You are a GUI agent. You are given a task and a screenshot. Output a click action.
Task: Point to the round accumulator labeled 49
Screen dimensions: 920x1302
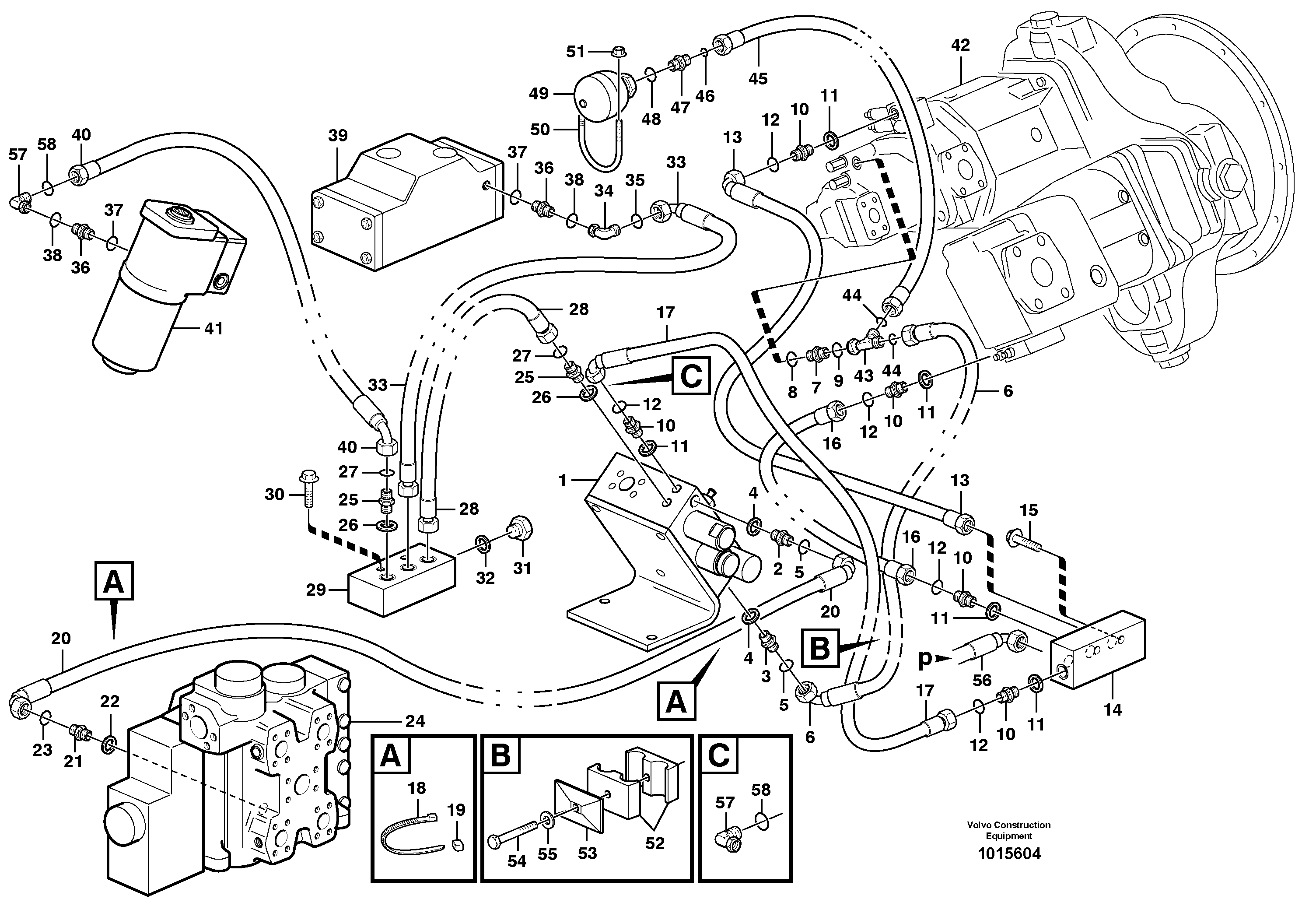[598, 96]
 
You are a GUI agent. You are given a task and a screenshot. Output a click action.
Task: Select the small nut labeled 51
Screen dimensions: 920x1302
[618, 52]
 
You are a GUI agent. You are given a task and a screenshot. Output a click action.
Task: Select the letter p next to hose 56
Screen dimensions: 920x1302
[924, 659]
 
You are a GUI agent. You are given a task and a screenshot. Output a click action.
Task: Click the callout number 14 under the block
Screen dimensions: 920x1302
[1112, 709]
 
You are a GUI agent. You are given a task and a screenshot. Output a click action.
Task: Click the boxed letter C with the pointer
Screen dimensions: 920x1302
[691, 376]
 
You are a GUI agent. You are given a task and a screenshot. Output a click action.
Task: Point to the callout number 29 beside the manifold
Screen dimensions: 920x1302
[316, 590]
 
